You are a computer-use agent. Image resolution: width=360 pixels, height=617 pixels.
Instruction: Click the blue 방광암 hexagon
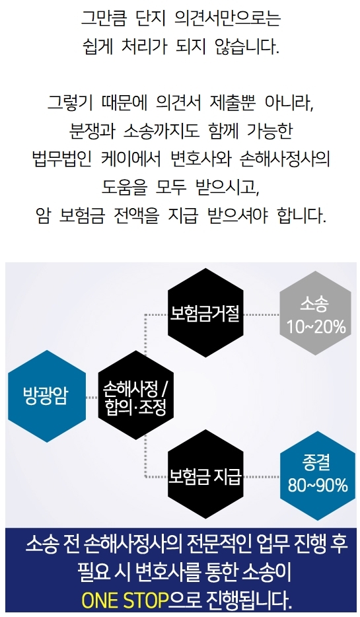(47, 396)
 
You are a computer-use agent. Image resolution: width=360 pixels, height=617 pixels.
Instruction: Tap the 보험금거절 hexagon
(205, 313)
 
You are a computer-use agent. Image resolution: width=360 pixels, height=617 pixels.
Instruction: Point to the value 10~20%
(316, 326)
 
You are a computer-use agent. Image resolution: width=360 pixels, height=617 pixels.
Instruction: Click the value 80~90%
(318, 485)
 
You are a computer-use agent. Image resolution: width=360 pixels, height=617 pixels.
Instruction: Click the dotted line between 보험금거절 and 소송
(262, 315)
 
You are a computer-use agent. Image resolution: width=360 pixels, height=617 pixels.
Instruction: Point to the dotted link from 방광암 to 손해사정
(92, 398)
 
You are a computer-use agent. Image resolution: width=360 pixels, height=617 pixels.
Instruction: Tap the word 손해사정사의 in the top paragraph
(285, 159)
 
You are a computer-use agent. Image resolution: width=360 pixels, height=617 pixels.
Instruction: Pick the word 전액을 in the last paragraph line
(136, 215)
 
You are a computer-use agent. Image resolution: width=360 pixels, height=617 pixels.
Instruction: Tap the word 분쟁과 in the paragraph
(91, 131)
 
